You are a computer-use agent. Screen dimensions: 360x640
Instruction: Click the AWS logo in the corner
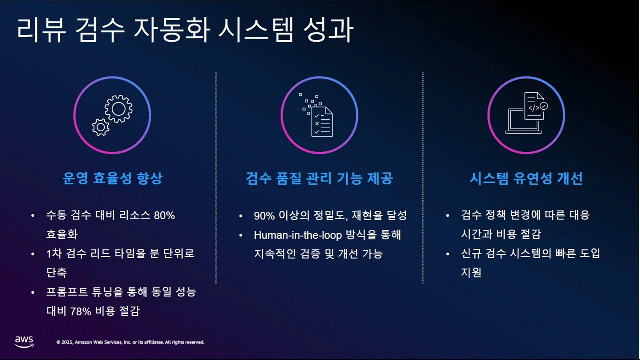tap(24, 342)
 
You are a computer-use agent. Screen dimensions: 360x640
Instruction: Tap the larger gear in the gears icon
tap(119, 108)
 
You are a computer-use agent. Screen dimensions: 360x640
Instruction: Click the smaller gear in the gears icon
tap(101, 127)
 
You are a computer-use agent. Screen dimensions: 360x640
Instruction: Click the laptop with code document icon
tap(526, 113)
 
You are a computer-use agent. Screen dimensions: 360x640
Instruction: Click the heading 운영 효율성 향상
tap(112, 179)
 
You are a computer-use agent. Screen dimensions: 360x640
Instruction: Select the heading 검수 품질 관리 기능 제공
tap(319, 179)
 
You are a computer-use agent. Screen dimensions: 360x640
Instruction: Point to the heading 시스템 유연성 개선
tap(526, 179)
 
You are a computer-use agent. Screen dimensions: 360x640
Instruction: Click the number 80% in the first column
tap(164, 216)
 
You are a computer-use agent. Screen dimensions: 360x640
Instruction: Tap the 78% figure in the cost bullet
tap(80, 311)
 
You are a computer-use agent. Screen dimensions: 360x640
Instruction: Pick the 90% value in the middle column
tap(264, 216)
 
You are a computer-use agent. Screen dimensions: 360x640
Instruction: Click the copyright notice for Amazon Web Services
tap(130, 342)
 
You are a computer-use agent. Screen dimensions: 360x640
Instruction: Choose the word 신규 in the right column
tap(471, 254)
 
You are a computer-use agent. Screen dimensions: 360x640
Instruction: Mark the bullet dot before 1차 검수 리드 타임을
tap(33, 254)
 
